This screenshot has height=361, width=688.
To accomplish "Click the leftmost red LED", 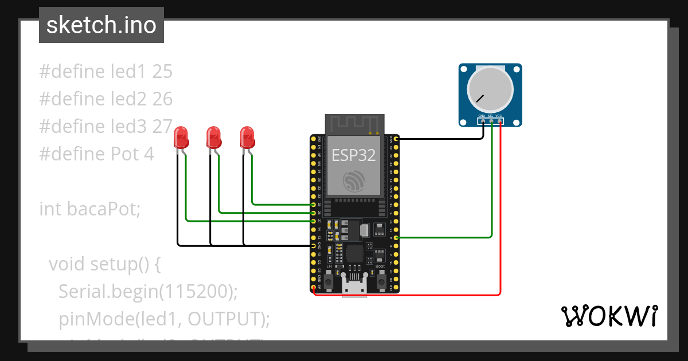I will click(181, 138).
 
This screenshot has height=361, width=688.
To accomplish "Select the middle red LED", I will click(214, 138).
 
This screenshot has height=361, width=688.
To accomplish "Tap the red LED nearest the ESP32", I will click(248, 138).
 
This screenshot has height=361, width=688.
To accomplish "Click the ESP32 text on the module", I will click(354, 154).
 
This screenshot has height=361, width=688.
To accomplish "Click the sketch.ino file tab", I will click(101, 25).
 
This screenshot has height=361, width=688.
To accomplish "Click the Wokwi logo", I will click(609, 316).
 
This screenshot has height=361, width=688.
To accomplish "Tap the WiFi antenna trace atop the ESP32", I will click(354, 124).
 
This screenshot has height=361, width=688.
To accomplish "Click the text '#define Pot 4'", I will click(96, 154).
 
